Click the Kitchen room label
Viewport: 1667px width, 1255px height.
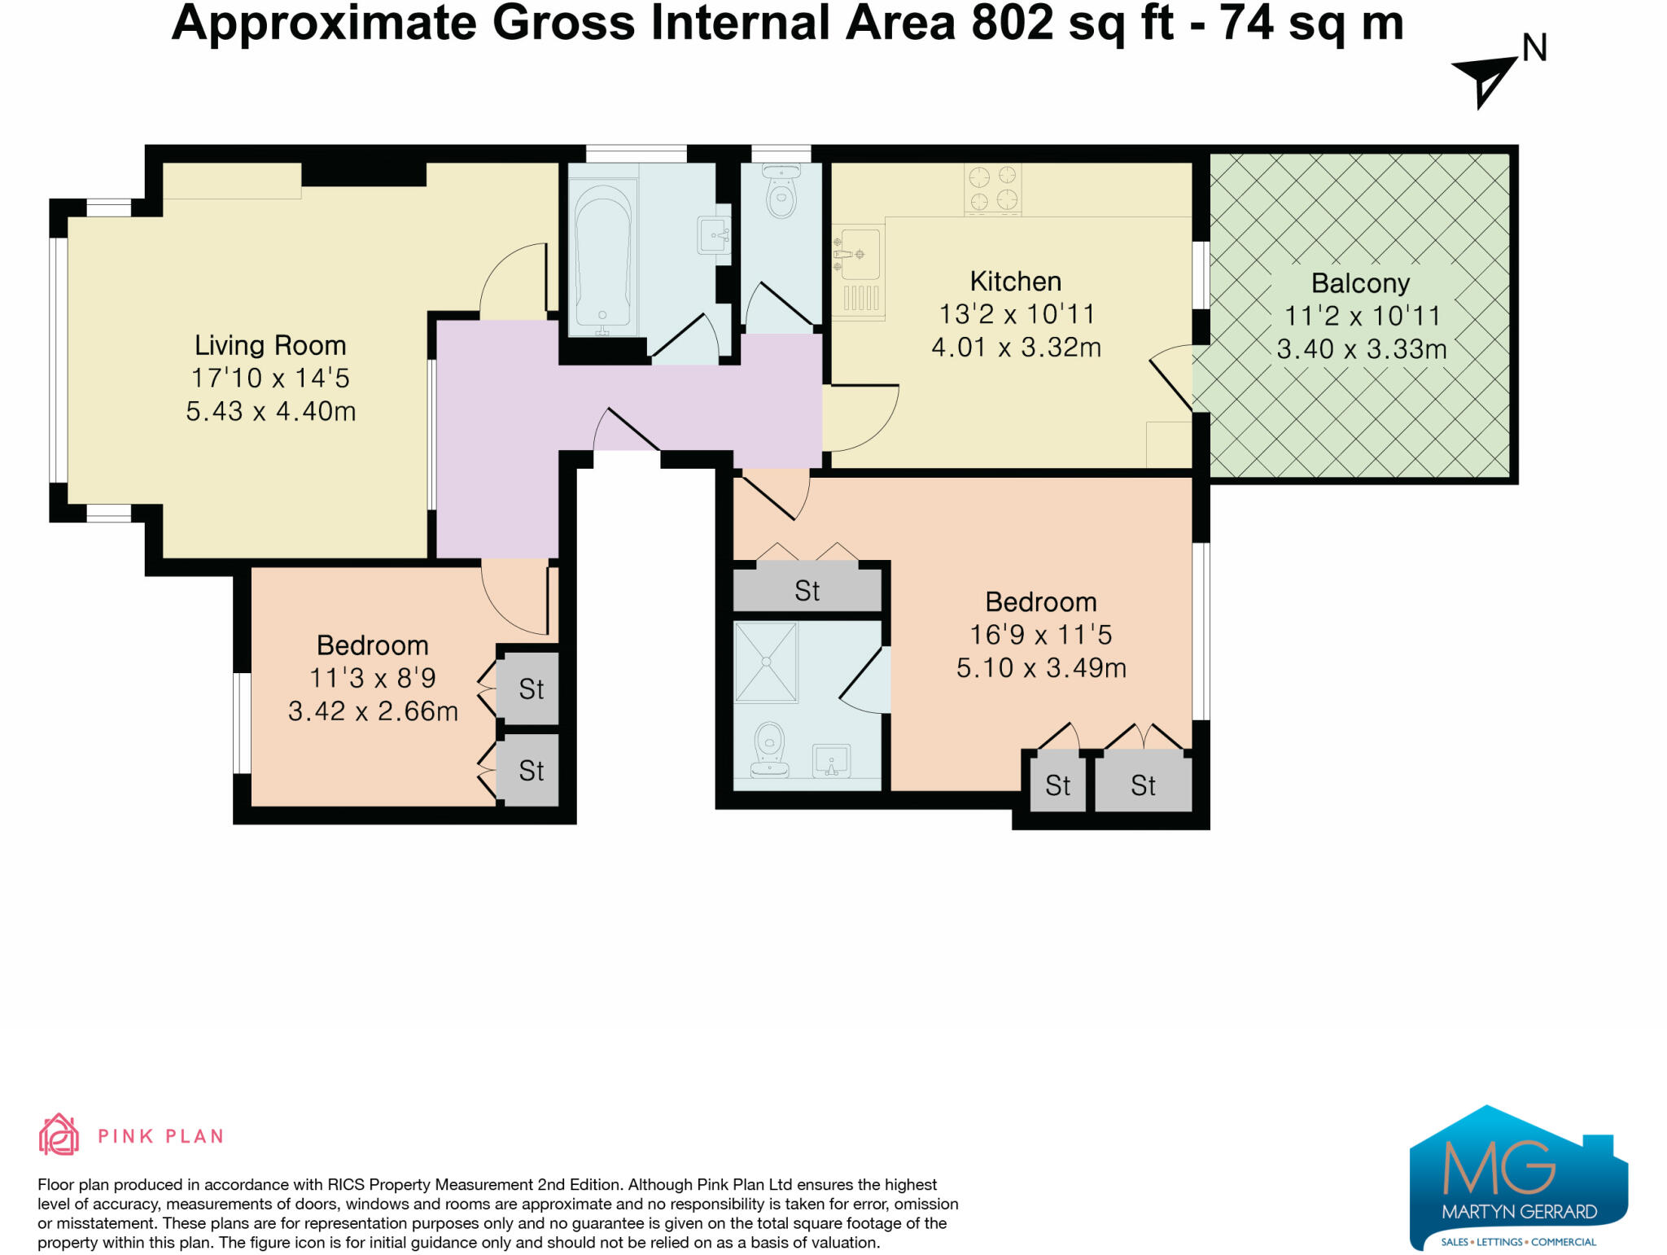tap(1015, 282)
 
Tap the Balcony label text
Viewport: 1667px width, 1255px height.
tap(1360, 283)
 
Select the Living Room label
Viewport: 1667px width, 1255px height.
tap(270, 345)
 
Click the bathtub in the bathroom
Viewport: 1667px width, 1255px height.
tap(602, 256)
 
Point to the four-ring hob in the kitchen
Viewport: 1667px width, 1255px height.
tap(992, 188)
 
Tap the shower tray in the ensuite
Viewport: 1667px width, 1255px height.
tap(766, 662)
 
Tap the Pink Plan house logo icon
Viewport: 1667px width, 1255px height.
tap(59, 1135)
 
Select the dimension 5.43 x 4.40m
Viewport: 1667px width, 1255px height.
tap(270, 411)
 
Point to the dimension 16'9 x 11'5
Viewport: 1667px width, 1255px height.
tap(1040, 635)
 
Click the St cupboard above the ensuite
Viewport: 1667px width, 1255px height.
tap(807, 590)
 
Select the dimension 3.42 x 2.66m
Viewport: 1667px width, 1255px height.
tap(373, 711)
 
